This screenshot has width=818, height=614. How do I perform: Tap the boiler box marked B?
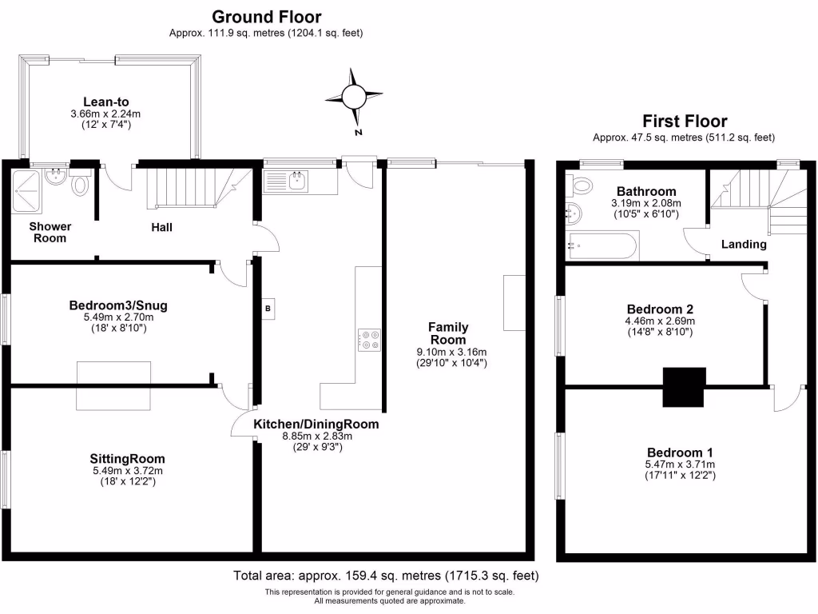click(x=268, y=308)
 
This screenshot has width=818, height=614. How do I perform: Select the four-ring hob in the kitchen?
click(x=370, y=340)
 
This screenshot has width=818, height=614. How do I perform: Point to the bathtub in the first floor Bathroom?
click(x=601, y=245)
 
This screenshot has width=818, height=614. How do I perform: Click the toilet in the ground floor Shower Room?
click(x=80, y=185)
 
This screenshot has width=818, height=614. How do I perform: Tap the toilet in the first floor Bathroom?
click(x=579, y=186)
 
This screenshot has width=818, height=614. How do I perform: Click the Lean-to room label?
click(x=106, y=102)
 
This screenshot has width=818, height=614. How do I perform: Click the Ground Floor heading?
click(x=267, y=16)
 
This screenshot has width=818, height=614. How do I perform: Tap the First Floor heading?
click(x=685, y=122)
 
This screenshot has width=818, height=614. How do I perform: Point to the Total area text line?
click(x=386, y=576)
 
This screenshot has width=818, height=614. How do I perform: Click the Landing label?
click(x=744, y=244)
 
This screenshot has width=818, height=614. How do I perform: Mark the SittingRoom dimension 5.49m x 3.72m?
click(x=127, y=471)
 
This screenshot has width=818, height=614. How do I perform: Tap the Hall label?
click(x=162, y=227)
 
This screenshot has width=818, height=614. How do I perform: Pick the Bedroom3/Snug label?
click(x=117, y=305)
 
